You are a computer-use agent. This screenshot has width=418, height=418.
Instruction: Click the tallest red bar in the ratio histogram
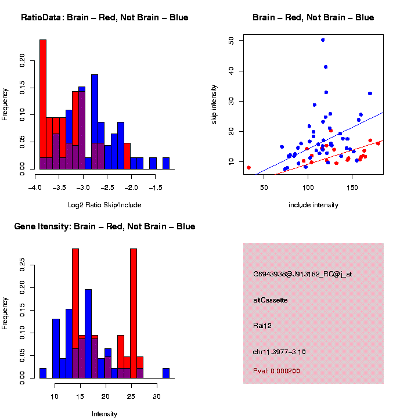coord(43,105)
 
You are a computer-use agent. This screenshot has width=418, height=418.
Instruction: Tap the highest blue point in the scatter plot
coord(323,40)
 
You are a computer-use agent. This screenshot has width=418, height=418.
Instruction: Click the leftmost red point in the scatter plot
coord(248,167)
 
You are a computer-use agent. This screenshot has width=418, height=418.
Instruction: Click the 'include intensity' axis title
coord(313,204)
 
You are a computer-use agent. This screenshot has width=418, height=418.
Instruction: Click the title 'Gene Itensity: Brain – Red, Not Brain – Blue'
coord(105,226)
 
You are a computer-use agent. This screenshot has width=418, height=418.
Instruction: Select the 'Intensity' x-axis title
coord(105,414)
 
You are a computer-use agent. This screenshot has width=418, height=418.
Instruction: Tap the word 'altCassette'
coord(271,300)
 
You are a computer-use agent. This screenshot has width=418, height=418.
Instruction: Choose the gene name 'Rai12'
coord(262,326)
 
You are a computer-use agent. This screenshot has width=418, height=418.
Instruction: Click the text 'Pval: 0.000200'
coord(276,371)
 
